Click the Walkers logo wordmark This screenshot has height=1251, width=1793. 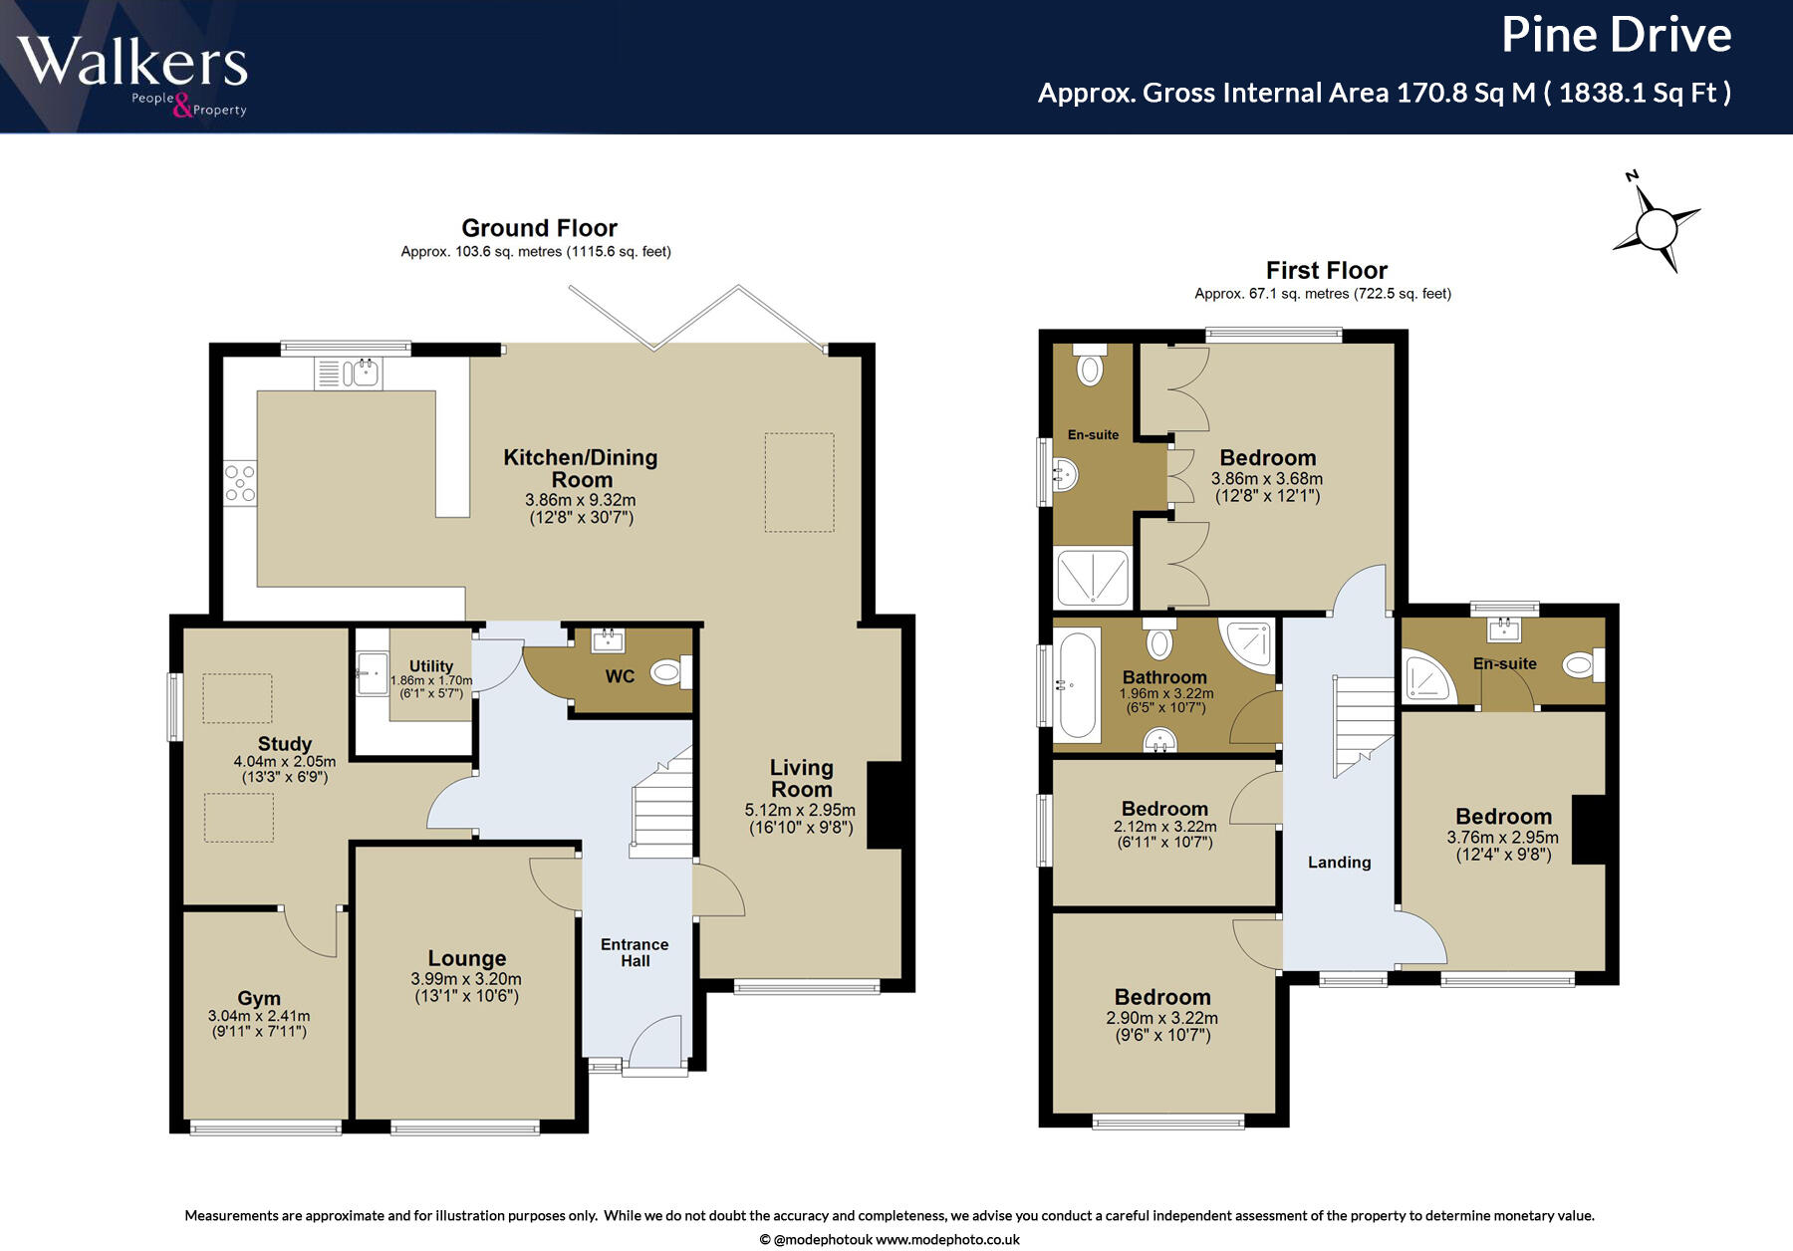click(x=132, y=62)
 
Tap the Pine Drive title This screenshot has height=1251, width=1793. click(x=1616, y=35)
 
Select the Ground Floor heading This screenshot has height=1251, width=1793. click(x=539, y=228)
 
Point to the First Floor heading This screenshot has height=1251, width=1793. click(x=1326, y=270)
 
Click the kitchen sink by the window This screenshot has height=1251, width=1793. click(x=348, y=374)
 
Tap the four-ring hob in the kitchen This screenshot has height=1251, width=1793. click(x=240, y=483)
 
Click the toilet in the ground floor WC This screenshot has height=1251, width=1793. click(x=671, y=672)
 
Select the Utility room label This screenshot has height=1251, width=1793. click(x=431, y=665)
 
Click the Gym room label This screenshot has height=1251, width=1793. click(x=259, y=998)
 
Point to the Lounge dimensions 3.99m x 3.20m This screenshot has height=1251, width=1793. click(x=466, y=979)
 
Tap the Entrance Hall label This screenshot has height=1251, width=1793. click(x=635, y=952)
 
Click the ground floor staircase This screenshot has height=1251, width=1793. click(x=661, y=802)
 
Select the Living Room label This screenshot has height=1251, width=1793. click(x=802, y=778)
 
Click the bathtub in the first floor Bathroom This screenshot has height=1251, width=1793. click(x=1077, y=685)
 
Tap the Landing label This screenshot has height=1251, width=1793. click(x=1339, y=863)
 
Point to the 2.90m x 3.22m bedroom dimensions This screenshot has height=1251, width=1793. click(x=1161, y=1018)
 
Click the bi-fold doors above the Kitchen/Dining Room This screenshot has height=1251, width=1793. click(x=697, y=318)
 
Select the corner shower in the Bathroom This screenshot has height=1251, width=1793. click(x=1247, y=646)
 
